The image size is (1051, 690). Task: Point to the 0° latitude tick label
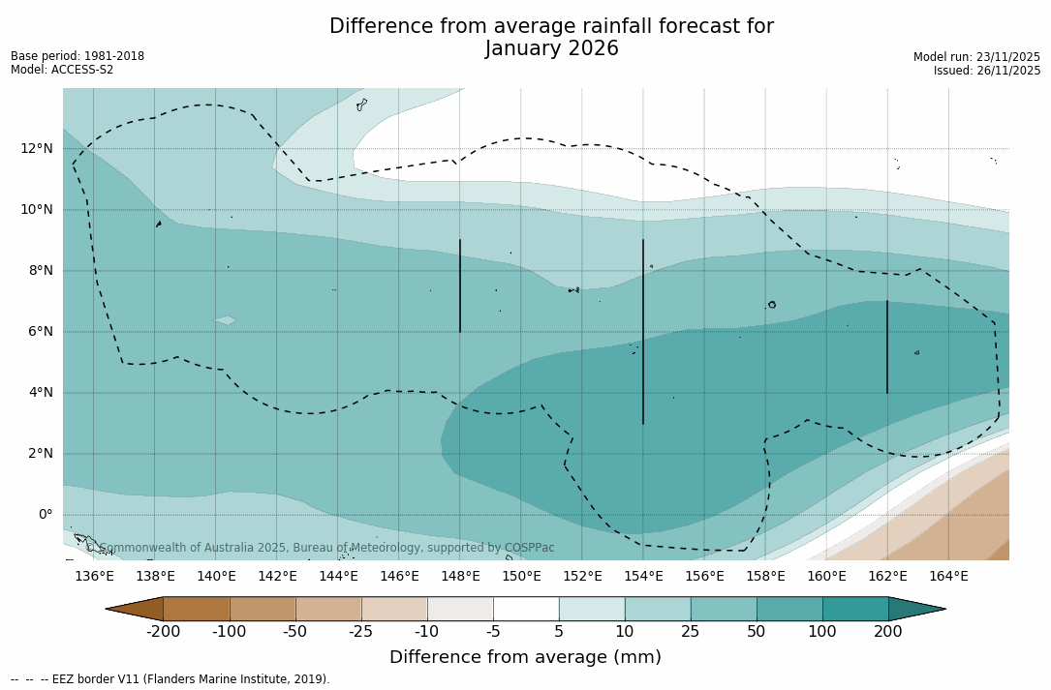tap(45, 515)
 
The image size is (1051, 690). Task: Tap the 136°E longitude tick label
tap(94, 577)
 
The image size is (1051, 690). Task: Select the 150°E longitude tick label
tap(521, 577)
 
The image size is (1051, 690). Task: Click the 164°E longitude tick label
tap(948, 577)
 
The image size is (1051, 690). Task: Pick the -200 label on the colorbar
tap(163, 632)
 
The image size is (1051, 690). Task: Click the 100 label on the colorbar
tap(822, 632)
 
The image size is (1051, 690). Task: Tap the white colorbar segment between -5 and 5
tap(526, 609)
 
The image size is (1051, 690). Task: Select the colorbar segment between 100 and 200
tap(855, 609)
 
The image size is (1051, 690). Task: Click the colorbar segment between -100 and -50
tap(263, 609)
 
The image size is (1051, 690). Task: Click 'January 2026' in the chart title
tap(551, 49)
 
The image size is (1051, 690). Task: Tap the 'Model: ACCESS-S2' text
tap(62, 70)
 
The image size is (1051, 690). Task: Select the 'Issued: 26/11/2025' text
tap(986, 71)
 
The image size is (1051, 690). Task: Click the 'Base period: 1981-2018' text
tap(77, 56)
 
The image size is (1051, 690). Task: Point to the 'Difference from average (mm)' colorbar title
tap(525, 658)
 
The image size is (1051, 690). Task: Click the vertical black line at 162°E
tap(887, 346)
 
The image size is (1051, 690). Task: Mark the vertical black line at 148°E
tap(460, 285)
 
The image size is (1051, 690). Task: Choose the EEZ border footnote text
tap(170, 679)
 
